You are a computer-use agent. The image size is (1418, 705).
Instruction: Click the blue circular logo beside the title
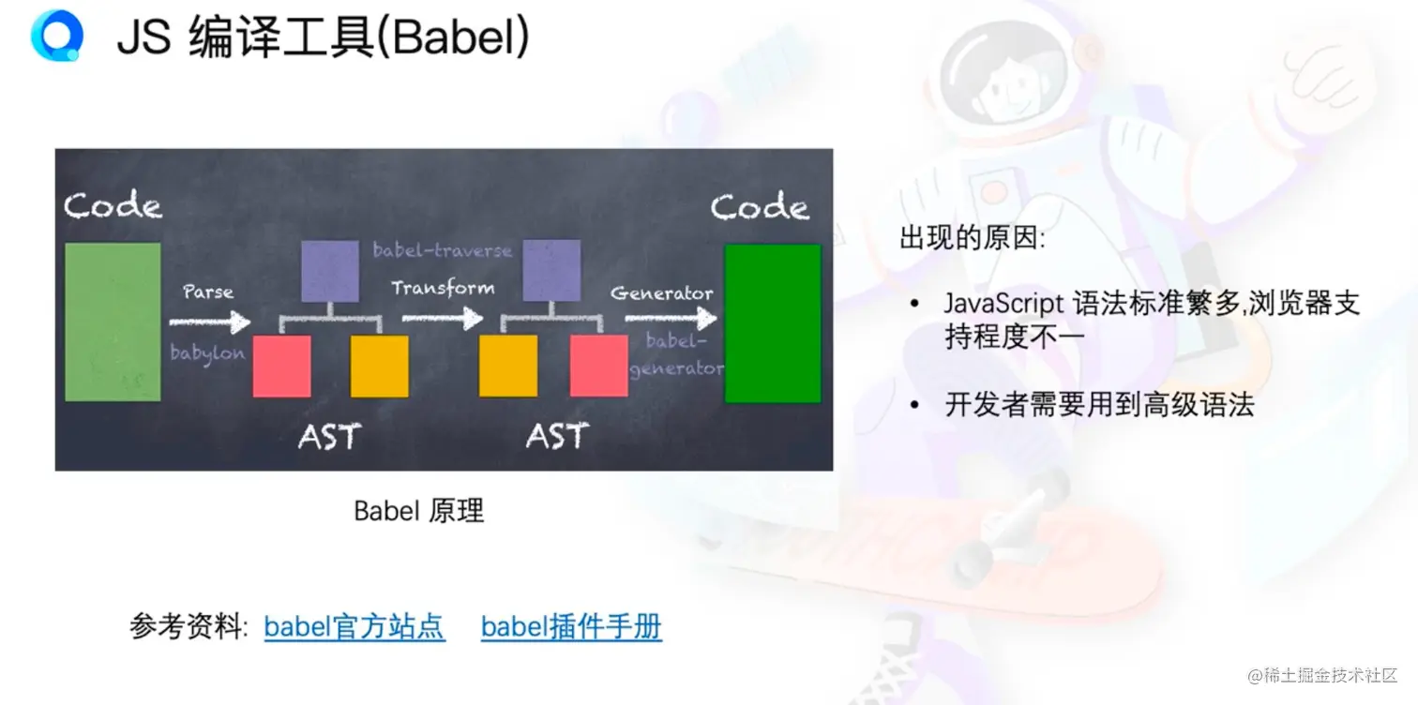(x=57, y=36)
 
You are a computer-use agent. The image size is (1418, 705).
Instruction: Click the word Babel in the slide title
(x=454, y=37)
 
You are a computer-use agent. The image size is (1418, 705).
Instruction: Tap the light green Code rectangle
(x=113, y=322)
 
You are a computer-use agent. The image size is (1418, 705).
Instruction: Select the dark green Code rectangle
(x=773, y=323)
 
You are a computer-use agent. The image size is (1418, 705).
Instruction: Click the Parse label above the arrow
(x=208, y=292)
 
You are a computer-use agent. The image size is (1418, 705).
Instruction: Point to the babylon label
(x=207, y=353)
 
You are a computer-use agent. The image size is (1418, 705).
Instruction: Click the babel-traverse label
(x=443, y=250)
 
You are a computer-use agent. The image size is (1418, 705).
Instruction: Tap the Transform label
(x=443, y=288)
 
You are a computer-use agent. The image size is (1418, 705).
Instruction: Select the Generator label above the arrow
(x=661, y=293)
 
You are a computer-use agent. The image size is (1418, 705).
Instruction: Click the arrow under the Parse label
(x=210, y=322)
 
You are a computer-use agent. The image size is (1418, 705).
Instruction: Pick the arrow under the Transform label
(x=443, y=318)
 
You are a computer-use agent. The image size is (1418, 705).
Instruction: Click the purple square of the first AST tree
(x=330, y=271)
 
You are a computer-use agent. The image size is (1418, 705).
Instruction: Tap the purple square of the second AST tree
(x=551, y=270)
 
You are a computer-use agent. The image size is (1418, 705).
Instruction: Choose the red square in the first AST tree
(x=281, y=367)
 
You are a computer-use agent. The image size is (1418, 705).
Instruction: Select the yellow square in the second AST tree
(x=508, y=367)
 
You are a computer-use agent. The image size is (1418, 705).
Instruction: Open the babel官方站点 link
(x=354, y=627)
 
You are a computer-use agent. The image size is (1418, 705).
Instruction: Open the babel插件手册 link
(x=571, y=627)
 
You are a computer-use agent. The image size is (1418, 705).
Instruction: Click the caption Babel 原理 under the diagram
(x=418, y=511)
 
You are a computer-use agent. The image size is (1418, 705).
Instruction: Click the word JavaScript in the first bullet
(x=1004, y=304)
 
